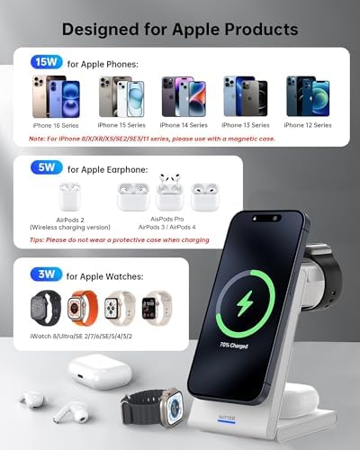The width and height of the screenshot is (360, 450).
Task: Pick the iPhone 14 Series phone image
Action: pos(178,95)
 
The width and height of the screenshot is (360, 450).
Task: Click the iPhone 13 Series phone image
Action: pos(242,95)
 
